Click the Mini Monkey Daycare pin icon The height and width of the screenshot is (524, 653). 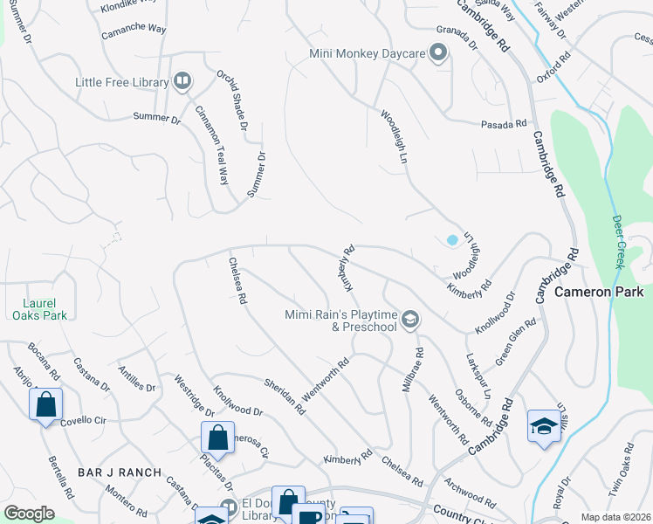(x=439, y=54)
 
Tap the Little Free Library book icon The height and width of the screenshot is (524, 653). (x=182, y=83)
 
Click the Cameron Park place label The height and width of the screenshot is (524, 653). (x=599, y=292)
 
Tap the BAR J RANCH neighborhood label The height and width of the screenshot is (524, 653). (x=120, y=472)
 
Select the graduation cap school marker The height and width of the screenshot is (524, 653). (x=543, y=426)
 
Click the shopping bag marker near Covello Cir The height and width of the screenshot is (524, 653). (x=45, y=405)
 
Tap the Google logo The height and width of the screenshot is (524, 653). (x=28, y=514)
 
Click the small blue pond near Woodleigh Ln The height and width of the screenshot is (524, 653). (x=451, y=239)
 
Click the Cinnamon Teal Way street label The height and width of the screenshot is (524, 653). (x=212, y=145)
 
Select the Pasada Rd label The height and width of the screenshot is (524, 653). (x=505, y=125)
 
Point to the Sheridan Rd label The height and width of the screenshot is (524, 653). (x=285, y=396)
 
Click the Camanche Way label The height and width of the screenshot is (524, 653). (x=133, y=29)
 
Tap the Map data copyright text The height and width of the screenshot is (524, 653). (x=615, y=516)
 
